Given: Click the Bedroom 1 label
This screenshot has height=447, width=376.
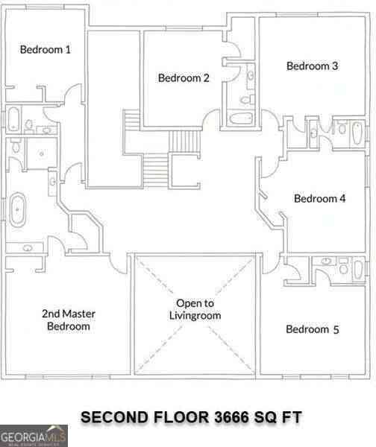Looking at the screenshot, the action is pos(45,50).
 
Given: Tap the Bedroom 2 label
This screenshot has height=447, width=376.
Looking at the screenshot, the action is pos(184,77).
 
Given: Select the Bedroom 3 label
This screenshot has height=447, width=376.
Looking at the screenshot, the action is pos(313,66).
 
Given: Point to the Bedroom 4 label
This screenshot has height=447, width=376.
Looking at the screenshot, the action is pos(320,198).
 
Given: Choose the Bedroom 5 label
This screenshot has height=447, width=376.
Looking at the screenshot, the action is pos(313,329).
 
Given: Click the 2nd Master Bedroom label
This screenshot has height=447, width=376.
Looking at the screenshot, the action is pos(69,320).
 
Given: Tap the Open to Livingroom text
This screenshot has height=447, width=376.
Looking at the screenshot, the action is pos(195,309).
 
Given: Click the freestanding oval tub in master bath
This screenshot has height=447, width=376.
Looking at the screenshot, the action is pos(18,210).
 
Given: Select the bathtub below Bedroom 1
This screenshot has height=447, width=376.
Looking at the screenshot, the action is pos(13,119).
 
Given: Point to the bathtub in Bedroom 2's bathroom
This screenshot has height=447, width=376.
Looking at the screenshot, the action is pos(241,118).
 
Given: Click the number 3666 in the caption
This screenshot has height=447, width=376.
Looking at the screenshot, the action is pos(231,417).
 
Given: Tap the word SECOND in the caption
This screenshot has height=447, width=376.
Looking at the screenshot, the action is pos(115,417).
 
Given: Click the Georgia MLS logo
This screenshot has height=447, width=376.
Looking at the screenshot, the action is pos(34,436).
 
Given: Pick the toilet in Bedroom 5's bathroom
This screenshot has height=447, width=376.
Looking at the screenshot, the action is pos(343,267).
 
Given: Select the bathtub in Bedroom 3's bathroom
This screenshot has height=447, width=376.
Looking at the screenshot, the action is pos(357,133).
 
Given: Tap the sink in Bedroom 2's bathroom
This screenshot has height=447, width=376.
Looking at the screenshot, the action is pos(251,76).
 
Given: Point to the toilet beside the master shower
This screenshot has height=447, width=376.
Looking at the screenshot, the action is pos(15,145).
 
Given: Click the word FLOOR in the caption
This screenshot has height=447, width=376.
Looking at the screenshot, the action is pos(181,417).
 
